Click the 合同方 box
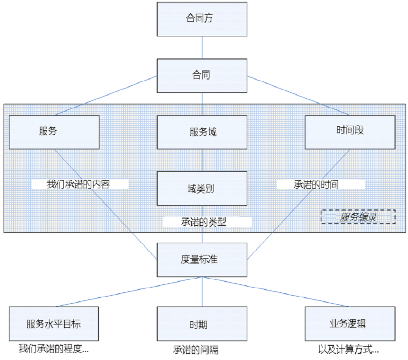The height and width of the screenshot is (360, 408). [202, 19]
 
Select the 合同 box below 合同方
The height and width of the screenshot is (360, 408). [202, 75]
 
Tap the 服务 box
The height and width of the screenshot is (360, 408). [54, 132]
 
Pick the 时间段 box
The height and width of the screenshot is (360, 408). [350, 132]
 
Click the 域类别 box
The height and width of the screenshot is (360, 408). [202, 188]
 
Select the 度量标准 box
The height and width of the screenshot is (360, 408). [202, 260]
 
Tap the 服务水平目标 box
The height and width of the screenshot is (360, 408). [54, 324]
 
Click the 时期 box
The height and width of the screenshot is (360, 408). [202, 324]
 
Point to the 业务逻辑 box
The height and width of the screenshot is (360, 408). [350, 324]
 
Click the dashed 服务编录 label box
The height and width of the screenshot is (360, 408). [358, 217]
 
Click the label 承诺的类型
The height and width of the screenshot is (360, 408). [207, 221]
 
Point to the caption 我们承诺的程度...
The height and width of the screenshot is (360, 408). [53, 350]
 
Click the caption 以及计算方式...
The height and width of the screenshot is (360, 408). [349, 350]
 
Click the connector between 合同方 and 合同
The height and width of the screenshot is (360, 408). [202, 47]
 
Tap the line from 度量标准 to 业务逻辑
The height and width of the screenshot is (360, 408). [276, 291]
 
